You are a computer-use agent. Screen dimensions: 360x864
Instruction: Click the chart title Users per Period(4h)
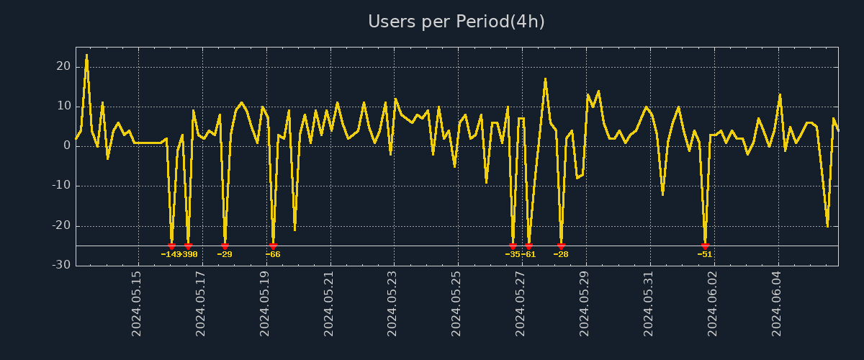pyautogui.click(x=456, y=22)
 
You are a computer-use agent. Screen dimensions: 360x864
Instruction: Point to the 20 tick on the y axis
pyautogui.click(x=63, y=66)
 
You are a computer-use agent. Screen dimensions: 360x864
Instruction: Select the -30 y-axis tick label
pyautogui.click(x=61, y=265)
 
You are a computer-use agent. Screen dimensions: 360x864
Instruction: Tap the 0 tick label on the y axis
pyautogui.click(x=66, y=145)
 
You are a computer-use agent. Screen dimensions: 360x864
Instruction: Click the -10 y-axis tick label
pyautogui.click(x=61, y=186)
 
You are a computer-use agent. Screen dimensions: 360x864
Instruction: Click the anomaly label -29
pyautogui.click(x=225, y=254)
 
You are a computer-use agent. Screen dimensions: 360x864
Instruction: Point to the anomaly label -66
pyautogui.click(x=273, y=254)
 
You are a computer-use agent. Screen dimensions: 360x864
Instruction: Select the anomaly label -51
pyautogui.click(x=705, y=254)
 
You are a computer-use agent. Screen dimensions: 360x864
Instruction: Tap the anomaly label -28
pyautogui.click(x=561, y=254)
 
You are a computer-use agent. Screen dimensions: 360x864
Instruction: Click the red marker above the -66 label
pyautogui.click(x=273, y=246)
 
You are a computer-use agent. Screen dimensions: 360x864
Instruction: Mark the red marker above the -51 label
pyautogui.click(x=705, y=246)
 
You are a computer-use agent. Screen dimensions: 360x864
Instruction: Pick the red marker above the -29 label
pyautogui.click(x=225, y=246)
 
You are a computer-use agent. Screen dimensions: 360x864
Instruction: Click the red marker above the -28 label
pyautogui.click(x=561, y=246)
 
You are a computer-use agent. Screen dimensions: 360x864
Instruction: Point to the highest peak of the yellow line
pyautogui.click(x=86, y=55)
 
